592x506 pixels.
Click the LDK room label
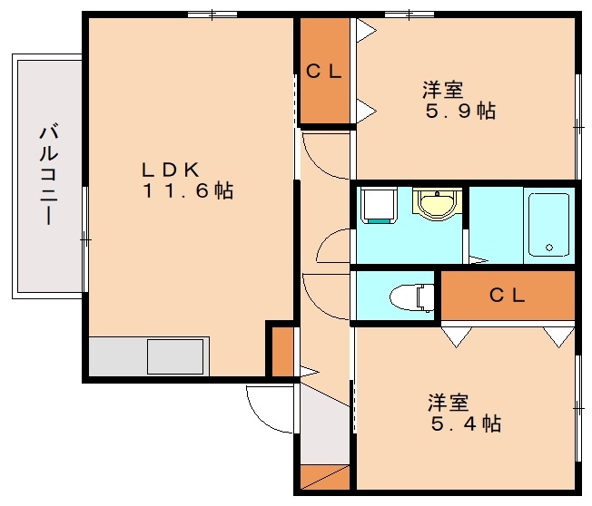[171, 170]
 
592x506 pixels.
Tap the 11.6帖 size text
[188, 190]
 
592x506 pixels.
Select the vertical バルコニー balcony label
[48, 175]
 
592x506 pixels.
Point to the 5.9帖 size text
[460, 112]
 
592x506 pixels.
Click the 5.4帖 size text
[466, 423]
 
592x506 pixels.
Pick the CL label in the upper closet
[324, 71]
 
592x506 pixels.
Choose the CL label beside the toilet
[507, 295]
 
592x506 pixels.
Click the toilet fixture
[412, 297]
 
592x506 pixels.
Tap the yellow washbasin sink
[438, 204]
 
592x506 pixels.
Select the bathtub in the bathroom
[549, 225]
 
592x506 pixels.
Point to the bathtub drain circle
[549, 248]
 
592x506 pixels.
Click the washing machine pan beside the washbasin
[379, 206]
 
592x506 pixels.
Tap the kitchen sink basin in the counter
[175, 356]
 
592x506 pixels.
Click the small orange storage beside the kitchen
[282, 352]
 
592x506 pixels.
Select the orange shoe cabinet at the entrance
[325, 477]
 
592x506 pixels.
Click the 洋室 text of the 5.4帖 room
[449, 403]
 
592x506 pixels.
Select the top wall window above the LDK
[212, 15]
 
